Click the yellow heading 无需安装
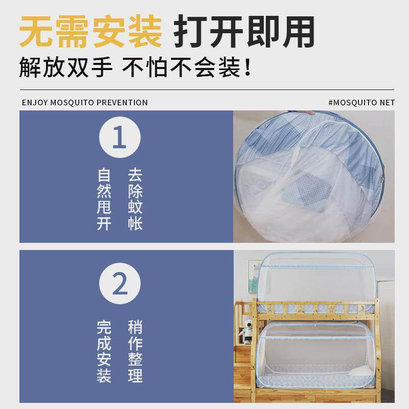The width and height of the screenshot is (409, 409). click(90, 32)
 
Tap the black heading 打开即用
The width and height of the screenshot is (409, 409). click(244, 32)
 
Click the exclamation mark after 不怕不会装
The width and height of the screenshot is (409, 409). click(248, 68)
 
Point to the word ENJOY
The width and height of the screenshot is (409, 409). click(35, 103)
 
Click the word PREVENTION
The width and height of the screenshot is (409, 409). click(122, 103)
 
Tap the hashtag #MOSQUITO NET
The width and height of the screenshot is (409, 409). click(361, 103)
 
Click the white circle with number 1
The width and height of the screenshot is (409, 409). click(120, 138)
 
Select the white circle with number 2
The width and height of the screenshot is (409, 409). click(120, 283)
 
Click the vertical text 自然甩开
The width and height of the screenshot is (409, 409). click(104, 199)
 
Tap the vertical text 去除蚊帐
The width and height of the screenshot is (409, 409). click(135, 199)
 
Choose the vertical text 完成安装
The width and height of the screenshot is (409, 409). click(104, 352)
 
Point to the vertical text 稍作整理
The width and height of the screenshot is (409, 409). click(135, 352)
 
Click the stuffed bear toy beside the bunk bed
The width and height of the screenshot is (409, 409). click(247, 330)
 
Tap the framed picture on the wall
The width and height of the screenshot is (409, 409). click(255, 277)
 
